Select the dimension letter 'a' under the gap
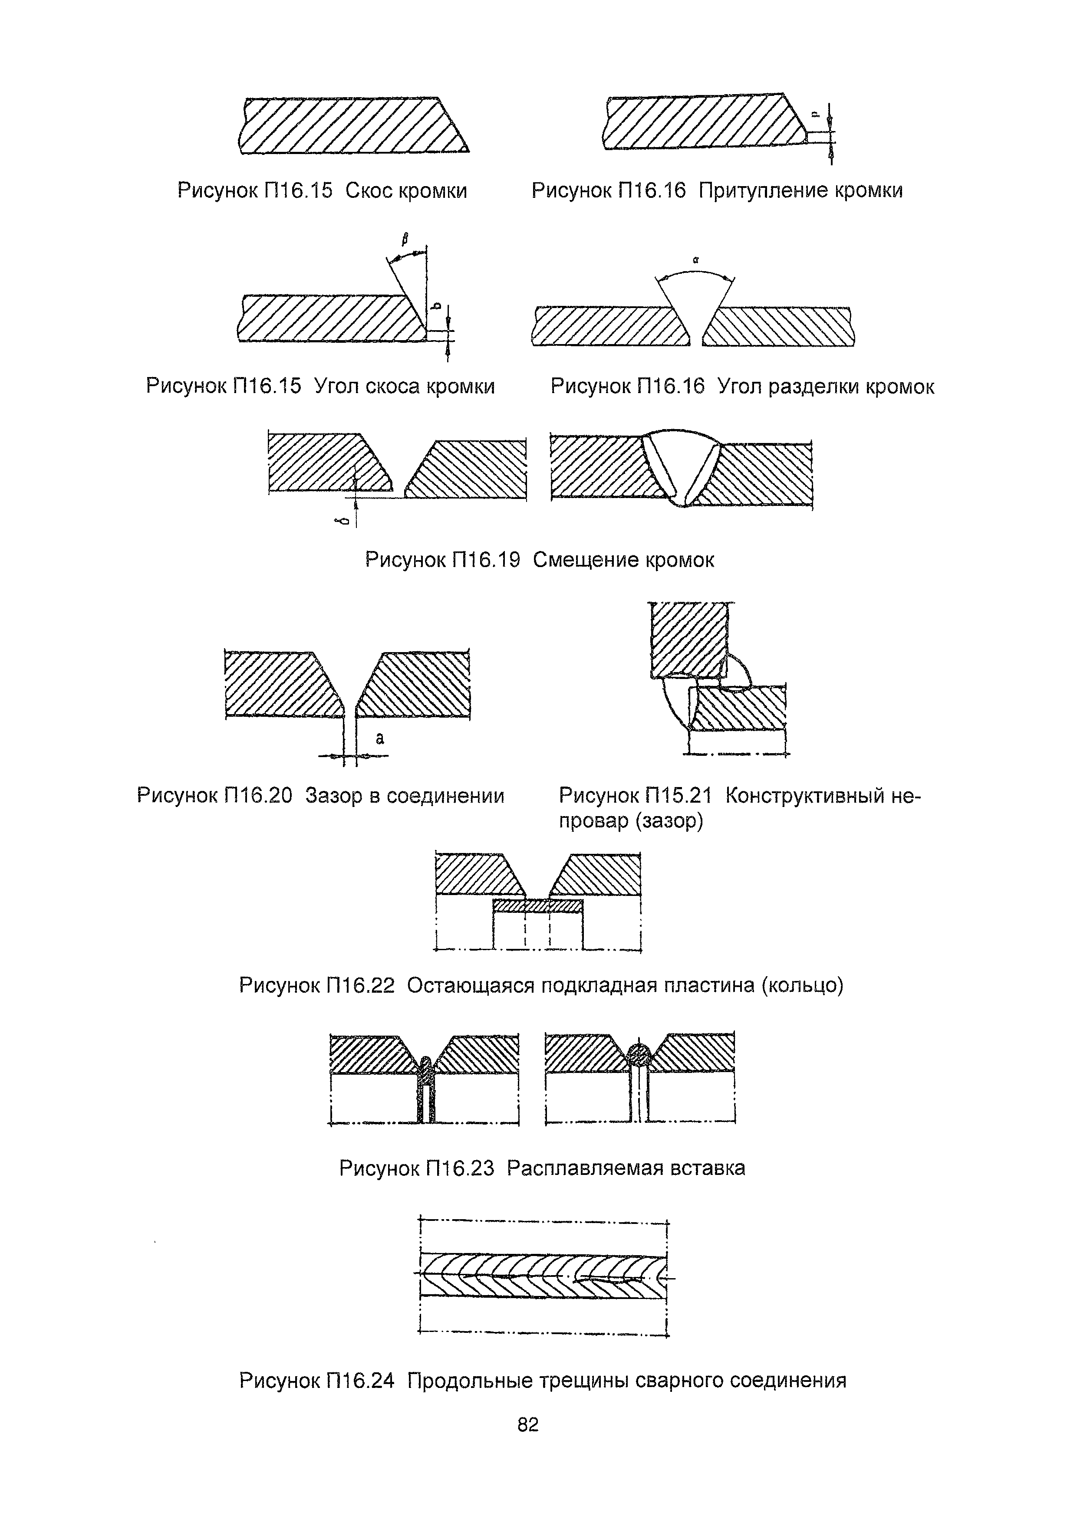tap(380, 738)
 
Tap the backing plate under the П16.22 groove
tap(537, 905)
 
